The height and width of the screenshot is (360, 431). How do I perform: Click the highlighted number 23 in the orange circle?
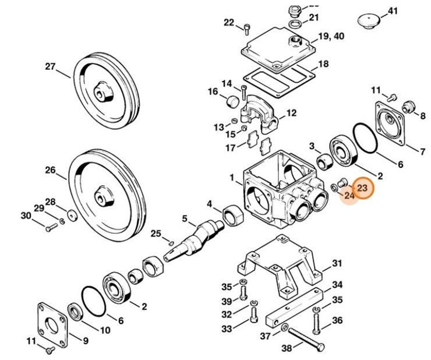362,188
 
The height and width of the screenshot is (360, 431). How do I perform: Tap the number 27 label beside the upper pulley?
51,66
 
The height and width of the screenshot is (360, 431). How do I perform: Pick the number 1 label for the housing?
232,177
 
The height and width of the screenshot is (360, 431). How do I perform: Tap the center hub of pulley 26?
103,197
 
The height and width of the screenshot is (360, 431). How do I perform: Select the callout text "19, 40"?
331,36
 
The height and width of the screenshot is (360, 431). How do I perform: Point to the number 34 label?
337,285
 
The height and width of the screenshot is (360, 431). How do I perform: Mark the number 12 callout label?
291,113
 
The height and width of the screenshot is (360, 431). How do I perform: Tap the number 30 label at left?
26,216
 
